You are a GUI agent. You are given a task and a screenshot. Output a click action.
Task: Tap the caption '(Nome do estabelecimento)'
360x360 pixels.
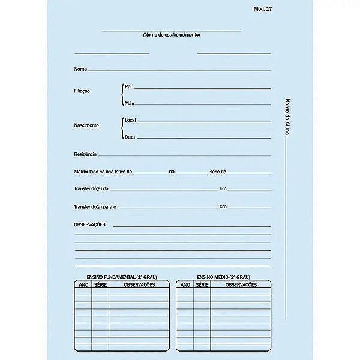tap(172, 35)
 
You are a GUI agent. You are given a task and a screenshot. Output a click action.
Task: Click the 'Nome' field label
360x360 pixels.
tap(80, 70)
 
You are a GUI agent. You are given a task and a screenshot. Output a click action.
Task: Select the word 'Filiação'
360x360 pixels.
tap(82, 91)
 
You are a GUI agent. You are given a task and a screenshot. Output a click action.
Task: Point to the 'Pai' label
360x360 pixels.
tap(128, 87)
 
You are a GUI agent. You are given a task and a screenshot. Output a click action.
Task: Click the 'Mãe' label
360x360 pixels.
tap(129, 103)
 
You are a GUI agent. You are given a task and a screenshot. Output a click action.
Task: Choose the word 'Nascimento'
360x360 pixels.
tap(86, 125)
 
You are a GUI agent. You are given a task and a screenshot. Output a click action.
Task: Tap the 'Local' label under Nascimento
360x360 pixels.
tap(130, 121)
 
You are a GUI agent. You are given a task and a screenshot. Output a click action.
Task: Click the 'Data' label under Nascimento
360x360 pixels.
tap(130, 137)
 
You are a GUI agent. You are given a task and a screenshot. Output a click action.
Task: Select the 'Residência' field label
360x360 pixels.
tap(85, 155)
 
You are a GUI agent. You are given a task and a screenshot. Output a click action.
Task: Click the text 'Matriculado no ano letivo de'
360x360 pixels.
tap(103, 172)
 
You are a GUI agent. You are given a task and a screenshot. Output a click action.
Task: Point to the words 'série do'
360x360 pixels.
tap(218, 172)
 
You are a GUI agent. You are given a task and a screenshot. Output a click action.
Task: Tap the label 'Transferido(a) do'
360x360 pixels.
tap(91, 189)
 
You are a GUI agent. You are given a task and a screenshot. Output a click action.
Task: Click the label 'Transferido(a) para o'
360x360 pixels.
tap(95, 207)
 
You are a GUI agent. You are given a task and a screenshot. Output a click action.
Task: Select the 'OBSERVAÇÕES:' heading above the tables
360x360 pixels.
tap(90, 224)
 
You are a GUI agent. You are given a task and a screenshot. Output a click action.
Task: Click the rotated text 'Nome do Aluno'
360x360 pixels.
tap(287, 120)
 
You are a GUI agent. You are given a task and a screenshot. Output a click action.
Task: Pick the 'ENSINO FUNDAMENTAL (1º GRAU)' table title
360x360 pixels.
tap(122, 277)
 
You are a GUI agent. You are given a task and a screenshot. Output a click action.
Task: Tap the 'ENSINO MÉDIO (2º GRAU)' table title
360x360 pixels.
tap(223, 277)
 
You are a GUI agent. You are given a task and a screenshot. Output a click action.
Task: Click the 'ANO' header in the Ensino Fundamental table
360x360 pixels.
tap(83, 284)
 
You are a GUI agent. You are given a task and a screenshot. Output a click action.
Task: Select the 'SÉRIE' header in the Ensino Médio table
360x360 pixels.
tap(202, 284)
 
